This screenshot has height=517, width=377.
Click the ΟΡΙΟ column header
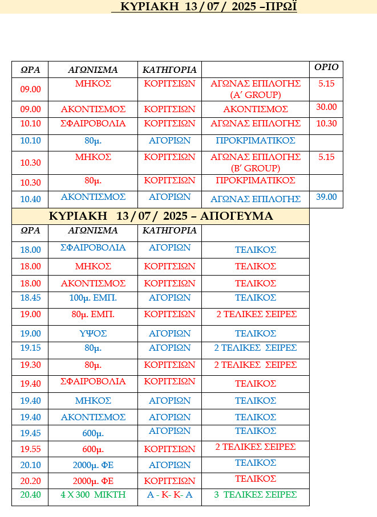326,67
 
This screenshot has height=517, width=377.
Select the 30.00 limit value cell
326,107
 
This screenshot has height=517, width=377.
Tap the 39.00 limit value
326,197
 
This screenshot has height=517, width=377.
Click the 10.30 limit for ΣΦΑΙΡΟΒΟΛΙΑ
326,124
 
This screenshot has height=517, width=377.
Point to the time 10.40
31,199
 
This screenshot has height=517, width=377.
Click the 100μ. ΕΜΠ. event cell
93,298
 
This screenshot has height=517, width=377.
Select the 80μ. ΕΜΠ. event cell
93,314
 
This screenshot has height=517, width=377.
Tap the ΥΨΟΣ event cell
93,333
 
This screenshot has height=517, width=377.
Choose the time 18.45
31,298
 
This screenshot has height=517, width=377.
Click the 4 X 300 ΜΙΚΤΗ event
93,495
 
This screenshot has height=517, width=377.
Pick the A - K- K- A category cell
169,495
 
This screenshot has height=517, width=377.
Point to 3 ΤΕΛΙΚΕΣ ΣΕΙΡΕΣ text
256,495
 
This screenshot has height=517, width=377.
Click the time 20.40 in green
31,495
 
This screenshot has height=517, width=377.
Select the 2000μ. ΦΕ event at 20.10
93,465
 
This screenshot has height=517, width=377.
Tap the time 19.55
31,448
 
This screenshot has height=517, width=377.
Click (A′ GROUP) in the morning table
256,94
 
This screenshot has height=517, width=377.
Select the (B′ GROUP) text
256,168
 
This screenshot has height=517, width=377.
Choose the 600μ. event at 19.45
93,432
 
